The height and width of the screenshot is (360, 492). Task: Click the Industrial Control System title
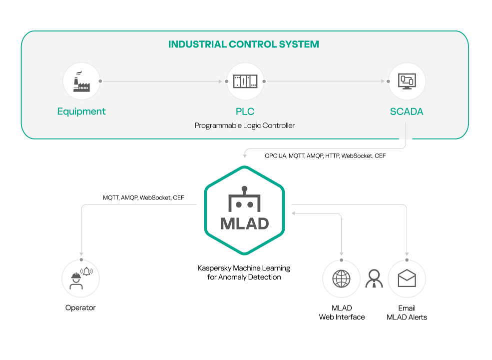tap(244, 44)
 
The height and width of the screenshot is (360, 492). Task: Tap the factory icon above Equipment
tap(81, 81)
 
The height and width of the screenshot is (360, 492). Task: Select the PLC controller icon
tap(245, 81)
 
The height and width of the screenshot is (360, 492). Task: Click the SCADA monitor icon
tap(407, 81)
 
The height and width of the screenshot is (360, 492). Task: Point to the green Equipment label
tap(81, 111)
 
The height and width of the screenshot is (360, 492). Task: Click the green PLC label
tap(245, 111)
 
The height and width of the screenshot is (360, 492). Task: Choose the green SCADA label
tap(407, 111)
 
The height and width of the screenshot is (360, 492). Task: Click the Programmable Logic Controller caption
tap(245, 125)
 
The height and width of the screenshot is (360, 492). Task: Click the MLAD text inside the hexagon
tap(244, 223)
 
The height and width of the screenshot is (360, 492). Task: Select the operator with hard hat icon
tap(80, 278)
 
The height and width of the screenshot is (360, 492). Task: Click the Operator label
tap(80, 307)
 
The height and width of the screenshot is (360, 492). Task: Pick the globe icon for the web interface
tap(342, 278)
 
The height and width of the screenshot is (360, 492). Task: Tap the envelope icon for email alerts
tap(407, 278)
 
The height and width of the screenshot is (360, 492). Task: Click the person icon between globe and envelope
tap(374, 278)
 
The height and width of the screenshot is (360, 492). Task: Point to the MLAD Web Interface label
tap(342, 312)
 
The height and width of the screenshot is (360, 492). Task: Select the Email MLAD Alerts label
tap(407, 312)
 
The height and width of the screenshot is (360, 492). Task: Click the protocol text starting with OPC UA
tap(325, 156)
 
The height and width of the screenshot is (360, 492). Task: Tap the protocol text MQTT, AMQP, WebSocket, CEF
tap(143, 197)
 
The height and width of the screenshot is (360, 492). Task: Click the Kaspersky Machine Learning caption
tap(244, 272)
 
